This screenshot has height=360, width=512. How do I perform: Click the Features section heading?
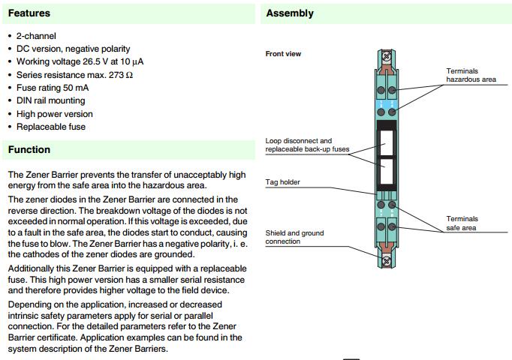click(29, 13)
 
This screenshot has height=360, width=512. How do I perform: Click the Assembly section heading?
click(290, 13)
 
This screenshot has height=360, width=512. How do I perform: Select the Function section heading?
click(29, 149)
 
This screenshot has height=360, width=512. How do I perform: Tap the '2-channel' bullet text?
click(36, 36)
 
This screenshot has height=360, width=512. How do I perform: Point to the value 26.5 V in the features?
click(95, 61)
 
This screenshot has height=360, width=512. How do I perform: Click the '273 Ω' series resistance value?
click(117, 75)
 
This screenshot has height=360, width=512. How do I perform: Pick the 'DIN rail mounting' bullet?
click(51, 100)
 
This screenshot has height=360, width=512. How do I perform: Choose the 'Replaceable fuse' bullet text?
click(51, 127)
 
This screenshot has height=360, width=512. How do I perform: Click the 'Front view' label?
click(283, 54)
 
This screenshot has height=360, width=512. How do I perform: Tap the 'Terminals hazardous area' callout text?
click(471, 75)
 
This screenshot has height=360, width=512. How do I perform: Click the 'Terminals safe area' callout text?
click(462, 223)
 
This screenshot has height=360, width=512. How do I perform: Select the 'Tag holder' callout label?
click(282, 182)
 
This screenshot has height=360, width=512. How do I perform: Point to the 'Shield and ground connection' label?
click(294, 237)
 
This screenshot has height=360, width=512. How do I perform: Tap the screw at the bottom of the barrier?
click(387, 261)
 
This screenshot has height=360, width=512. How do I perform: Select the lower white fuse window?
click(387, 169)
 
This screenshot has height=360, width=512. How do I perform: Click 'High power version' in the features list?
click(55, 114)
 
